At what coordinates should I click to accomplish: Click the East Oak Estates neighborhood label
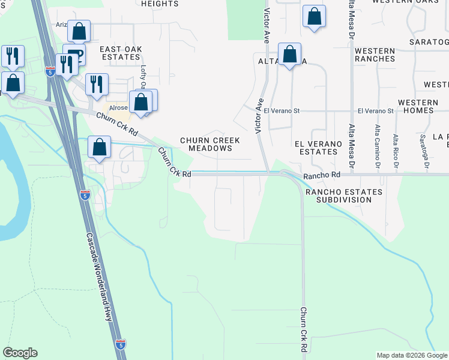click(119, 53)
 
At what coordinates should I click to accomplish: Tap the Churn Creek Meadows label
click(210, 144)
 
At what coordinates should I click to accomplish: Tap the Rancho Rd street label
click(322, 175)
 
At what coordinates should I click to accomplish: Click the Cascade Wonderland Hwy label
click(99, 277)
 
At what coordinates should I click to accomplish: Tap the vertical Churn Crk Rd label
click(303, 329)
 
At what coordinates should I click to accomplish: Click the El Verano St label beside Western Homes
click(375, 111)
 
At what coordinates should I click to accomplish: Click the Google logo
click(20, 353)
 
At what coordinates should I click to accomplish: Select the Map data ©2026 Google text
click(411, 355)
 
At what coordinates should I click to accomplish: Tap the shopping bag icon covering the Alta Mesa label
click(289, 54)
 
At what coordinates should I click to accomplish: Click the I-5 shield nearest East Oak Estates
click(50, 71)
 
